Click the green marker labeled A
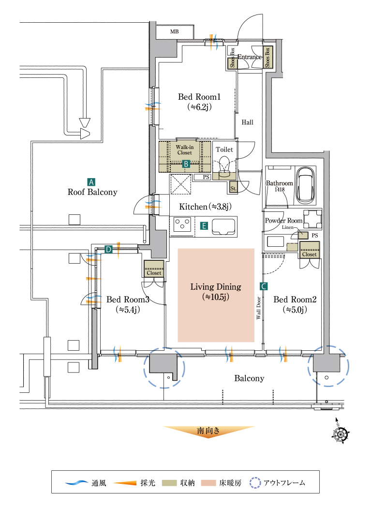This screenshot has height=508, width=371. pos(90,182)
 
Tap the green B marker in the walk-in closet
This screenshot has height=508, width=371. pos(185,164)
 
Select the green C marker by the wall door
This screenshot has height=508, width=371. pos(264,286)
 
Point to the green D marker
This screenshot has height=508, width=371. pos(108,250)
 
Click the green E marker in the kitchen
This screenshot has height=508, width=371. pos(204,225)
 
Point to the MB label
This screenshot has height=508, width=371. pos(174,32)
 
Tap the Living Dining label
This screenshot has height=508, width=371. pos(216,287)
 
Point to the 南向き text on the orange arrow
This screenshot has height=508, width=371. pos(208,430)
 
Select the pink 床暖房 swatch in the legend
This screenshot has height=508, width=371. pos(208,482)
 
